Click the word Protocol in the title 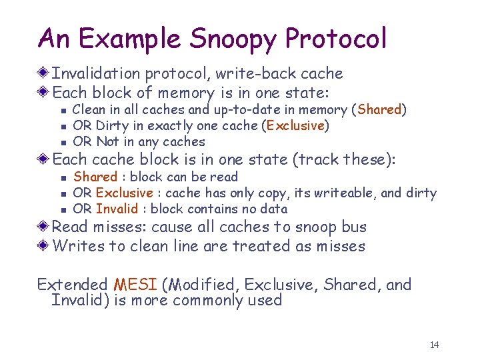(x=336, y=39)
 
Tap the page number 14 (x=435, y=345)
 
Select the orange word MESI (x=135, y=285)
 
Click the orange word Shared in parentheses (x=380, y=110)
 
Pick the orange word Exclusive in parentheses (x=296, y=126)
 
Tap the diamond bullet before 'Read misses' (x=44, y=227)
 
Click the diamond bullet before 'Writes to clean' (x=44, y=246)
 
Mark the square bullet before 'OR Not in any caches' (x=62, y=142)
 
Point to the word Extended (x=71, y=285)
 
